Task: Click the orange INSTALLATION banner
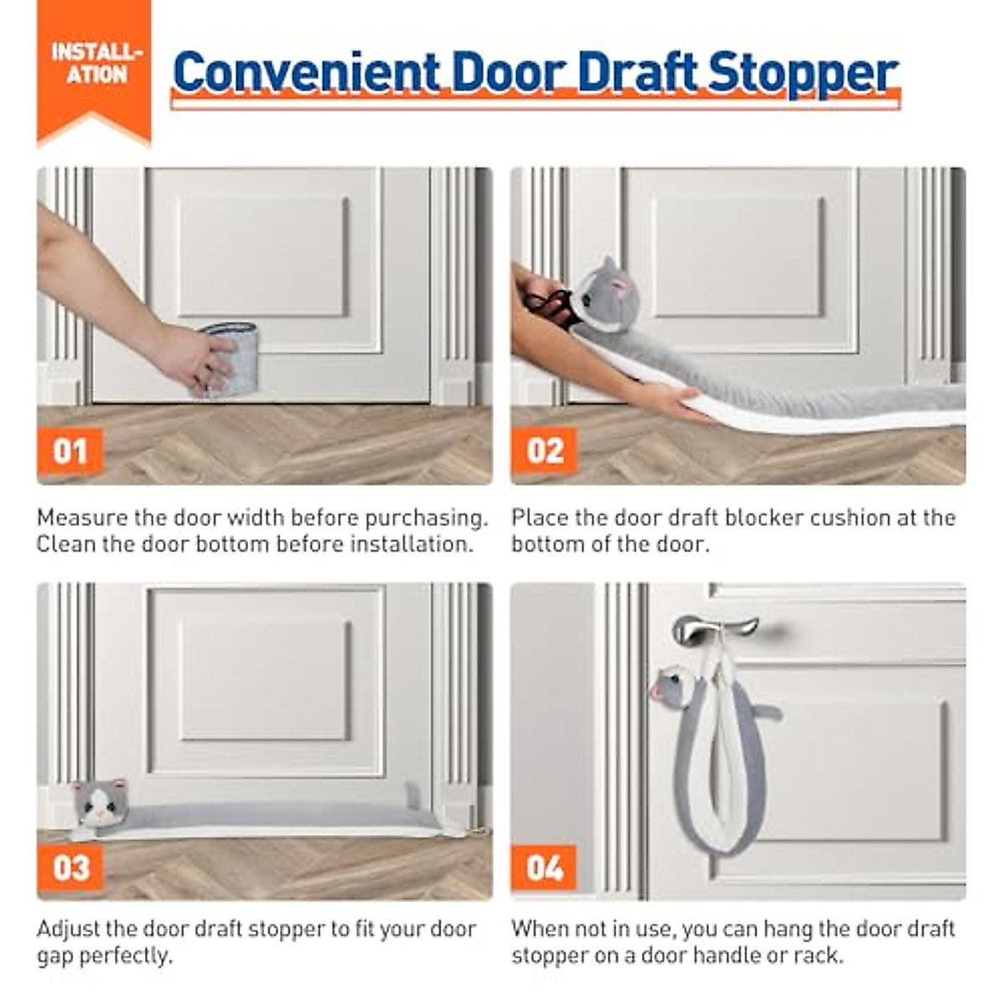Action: [x=95, y=67]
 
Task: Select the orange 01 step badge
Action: [x=70, y=452]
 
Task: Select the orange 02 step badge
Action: [x=544, y=452]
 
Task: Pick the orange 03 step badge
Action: [x=70, y=867]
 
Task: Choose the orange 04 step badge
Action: [x=544, y=867]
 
